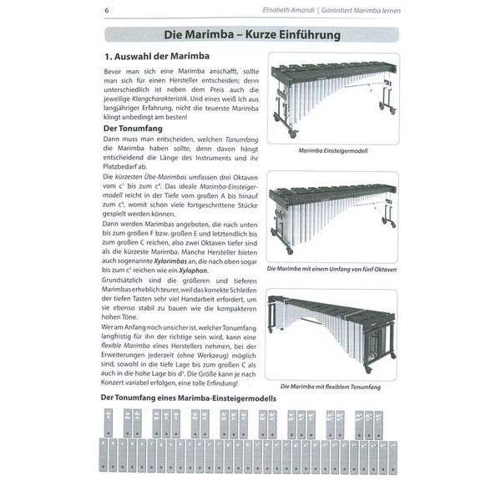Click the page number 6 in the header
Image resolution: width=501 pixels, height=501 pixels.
click(x=107, y=10)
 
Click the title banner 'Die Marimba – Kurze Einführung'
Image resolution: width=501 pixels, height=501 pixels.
click(x=250, y=36)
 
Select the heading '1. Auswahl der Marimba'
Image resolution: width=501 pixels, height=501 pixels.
click(x=157, y=58)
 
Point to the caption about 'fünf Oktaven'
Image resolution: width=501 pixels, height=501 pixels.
click(x=332, y=269)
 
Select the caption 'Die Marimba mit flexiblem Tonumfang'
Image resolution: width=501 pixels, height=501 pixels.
click(x=332, y=387)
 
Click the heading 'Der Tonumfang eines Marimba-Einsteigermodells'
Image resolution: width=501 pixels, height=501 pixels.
click(x=187, y=398)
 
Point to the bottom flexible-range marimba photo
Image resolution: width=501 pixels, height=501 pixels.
click(x=332, y=334)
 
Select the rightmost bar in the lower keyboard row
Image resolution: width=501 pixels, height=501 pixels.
click(x=392, y=455)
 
